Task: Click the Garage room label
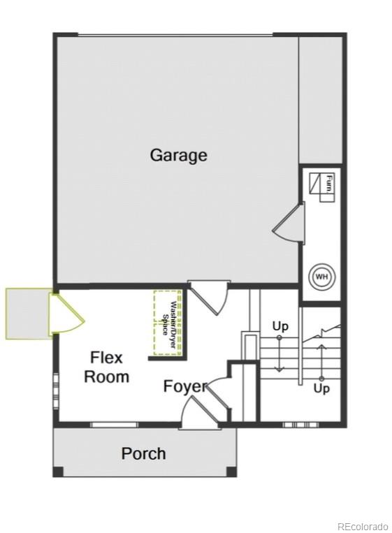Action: (178, 154)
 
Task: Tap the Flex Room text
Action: (106, 367)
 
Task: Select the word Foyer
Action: (184, 386)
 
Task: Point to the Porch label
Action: (143, 453)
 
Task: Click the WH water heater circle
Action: (321, 277)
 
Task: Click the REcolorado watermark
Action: (361, 526)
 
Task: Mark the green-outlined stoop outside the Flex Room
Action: (28, 314)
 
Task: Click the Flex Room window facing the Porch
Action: (114, 424)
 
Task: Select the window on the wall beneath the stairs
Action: (300, 424)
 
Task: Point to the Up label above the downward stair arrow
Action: (280, 326)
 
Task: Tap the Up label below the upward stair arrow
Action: (321, 388)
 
